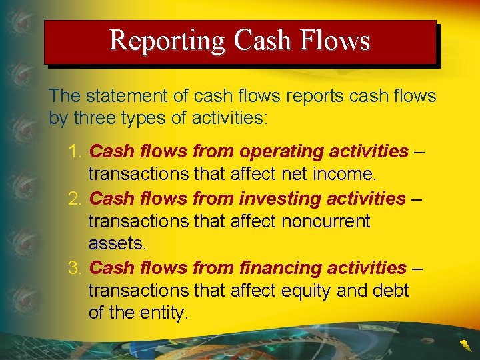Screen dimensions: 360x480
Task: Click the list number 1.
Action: tap(74, 152)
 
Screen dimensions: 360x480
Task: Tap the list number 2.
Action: tap(74, 199)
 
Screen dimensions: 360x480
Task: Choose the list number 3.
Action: tap(74, 268)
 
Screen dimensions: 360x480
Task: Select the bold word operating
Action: tap(281, 152)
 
